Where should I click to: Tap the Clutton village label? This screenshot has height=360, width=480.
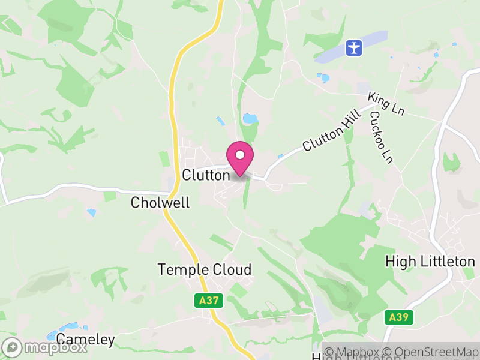[x=206, y=175]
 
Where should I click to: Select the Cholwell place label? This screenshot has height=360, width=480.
[x=160, y=203]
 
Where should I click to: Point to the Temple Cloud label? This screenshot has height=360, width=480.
[x=205, y=269]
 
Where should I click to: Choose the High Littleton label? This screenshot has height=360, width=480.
[x=430, y=262]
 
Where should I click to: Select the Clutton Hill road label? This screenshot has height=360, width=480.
[x=332, y=130]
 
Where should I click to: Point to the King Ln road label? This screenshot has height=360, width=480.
[x=386, y=104]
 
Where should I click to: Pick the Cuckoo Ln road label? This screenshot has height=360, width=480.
[x=380, y=137]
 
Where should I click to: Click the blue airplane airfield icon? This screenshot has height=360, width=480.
[x=355, y=47]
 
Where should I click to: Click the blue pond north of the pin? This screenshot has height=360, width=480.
[x=250, y=119]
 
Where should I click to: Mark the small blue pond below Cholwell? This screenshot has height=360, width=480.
[x=92, y=212]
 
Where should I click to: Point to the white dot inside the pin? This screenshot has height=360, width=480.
[x=240, y=155]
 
